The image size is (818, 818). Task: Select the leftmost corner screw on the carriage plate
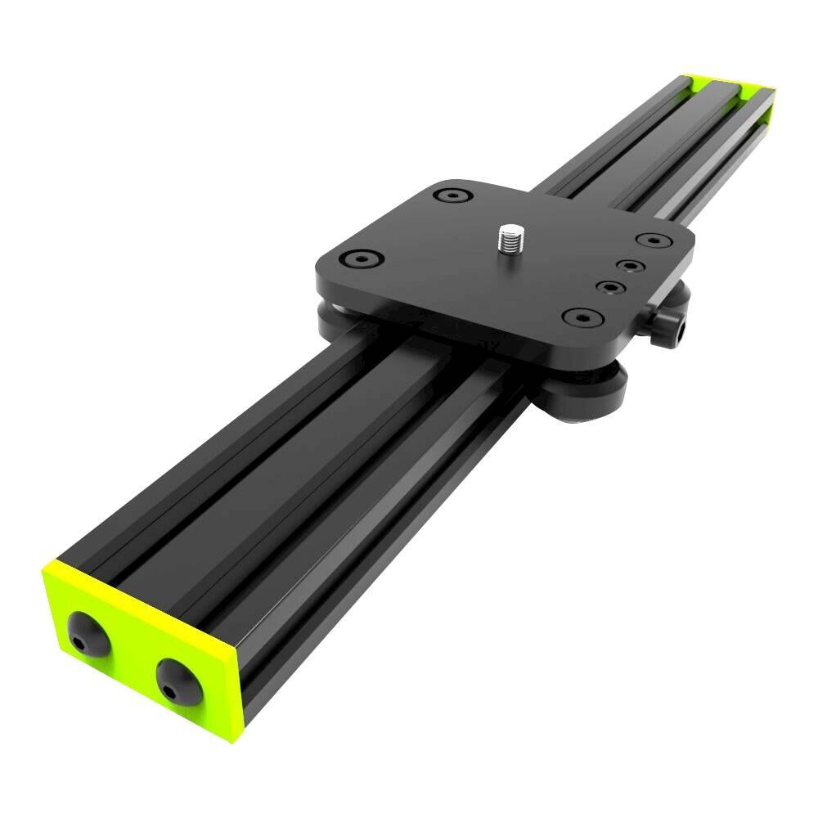click(360, 259)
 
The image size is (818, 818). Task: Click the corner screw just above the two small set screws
click(652, 241)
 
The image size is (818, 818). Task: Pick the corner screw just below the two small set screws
click(581, 316)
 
